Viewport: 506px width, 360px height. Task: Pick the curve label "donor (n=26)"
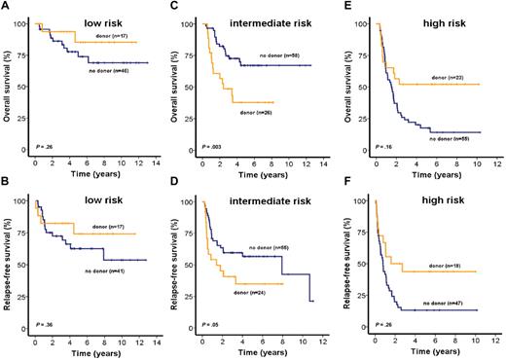click(x=258, y=112)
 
